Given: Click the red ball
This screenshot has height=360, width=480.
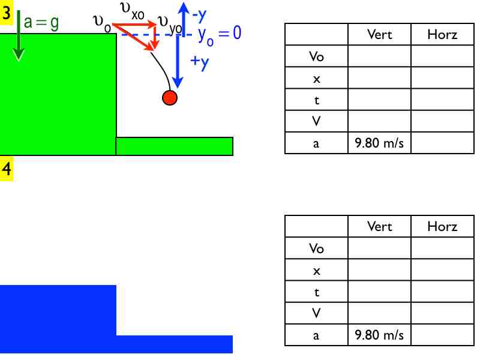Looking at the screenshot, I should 170,98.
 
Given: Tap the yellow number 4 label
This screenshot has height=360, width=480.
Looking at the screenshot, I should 7,169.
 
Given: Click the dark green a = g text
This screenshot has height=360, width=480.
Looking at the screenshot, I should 42,23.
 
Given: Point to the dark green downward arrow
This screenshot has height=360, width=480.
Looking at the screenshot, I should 19,36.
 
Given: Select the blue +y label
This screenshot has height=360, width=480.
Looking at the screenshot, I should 199,63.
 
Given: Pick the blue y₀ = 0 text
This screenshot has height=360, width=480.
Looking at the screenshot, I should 219,34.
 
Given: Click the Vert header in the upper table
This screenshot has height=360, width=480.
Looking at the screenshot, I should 379,35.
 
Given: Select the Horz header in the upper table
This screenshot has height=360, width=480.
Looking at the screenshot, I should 442,35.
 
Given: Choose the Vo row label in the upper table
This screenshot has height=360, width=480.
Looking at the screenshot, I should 316,57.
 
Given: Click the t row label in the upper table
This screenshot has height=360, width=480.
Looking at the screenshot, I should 316,100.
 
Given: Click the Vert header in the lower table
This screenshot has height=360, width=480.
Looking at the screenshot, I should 379,226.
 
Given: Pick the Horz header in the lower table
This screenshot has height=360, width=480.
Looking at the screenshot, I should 442,226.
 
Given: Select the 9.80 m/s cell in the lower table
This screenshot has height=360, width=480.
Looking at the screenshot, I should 379,335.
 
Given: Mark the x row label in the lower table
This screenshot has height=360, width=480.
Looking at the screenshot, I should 316,271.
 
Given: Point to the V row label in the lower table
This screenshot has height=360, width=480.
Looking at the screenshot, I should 316,313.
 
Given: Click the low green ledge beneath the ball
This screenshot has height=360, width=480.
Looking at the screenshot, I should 174,146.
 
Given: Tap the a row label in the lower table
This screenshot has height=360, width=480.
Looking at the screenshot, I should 316,335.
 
